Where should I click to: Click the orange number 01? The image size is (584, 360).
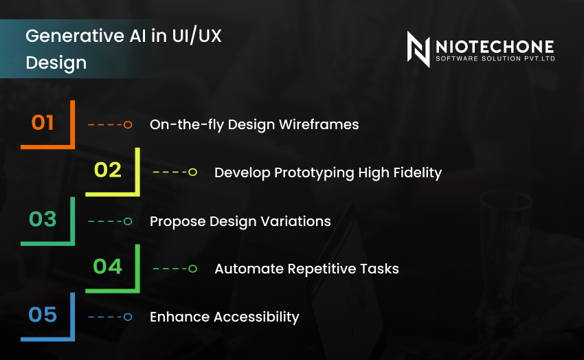(43, 123)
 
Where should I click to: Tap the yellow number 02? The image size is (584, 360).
(108, 170)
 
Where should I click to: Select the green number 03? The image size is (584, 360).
(43, 219)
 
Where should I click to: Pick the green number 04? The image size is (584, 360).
(108, 266)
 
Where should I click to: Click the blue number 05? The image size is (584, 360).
(43, 315)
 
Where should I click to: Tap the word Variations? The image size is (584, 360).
(297, 221)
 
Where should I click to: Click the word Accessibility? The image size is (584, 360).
(257, 317)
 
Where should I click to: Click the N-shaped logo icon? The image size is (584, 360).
(418, 49)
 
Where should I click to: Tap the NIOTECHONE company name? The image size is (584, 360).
(494, 45)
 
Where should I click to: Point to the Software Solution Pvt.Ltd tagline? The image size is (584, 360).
(494, 59)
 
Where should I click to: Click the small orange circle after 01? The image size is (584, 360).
(128, 124)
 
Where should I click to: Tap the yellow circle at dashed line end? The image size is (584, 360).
(192, 172)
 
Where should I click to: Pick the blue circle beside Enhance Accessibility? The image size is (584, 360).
(128, 317)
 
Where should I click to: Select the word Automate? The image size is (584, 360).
(245, 269)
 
